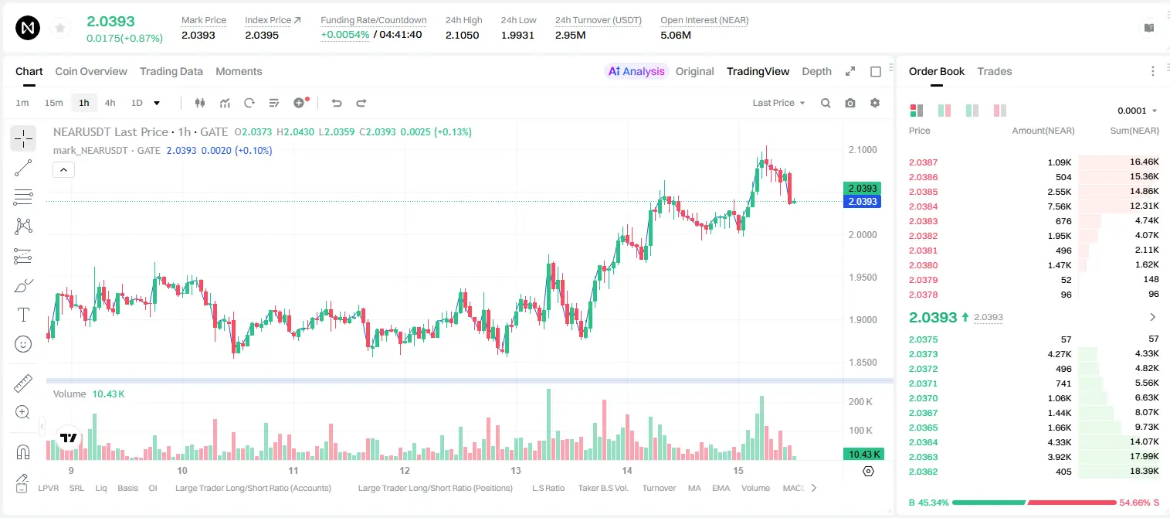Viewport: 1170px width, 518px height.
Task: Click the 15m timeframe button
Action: click(54, 103)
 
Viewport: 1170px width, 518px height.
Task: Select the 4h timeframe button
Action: click(110, 103)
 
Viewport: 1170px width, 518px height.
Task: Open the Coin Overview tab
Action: click(91, 71)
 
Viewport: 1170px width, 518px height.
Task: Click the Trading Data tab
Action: click(171, 71)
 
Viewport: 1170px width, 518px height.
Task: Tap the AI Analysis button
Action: click(636, 71)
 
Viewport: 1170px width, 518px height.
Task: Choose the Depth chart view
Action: click(816, 71)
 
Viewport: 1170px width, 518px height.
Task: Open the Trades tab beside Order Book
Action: click(995, 71)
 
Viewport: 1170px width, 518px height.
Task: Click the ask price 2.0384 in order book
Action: click(923, 206)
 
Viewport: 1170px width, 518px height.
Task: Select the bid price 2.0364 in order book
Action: click(923, 442)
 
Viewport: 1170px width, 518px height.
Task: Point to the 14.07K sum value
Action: click(1144, 441)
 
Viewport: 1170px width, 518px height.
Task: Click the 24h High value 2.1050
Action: click(463, 35)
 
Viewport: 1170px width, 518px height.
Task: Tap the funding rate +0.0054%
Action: click(344, 35)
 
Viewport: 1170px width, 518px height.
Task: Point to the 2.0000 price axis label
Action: click(863, 235)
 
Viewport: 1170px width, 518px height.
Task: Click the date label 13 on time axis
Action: click(516, 470)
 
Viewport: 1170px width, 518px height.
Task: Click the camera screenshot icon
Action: click(850, 103)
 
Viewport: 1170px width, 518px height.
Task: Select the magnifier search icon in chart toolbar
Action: click(826, 103)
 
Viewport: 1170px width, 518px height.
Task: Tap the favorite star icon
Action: click(60, 28)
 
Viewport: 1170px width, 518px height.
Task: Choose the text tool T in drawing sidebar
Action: click(23, 315)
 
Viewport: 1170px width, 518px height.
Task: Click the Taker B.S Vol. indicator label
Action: click(602, 488)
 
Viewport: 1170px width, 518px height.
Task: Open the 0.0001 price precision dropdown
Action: click(1137, 111)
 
